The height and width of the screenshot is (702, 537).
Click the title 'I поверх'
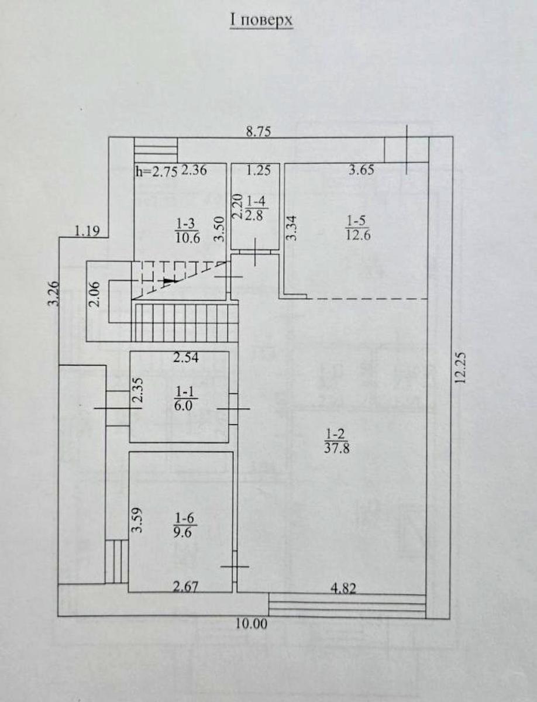pyautogui.click(x=261, y=20)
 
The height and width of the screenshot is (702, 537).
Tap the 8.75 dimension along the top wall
pyautogui.click(x=259, y=132)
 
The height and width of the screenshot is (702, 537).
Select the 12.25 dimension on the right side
pyautogui.click(x=462, y=368)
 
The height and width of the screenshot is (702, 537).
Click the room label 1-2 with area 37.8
pyautogui.click(x=337, y=441)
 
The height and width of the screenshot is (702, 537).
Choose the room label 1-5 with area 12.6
pyautogui.click(x=358, y=228)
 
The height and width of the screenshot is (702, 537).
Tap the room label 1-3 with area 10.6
pyautogui.click(x=187, y=230)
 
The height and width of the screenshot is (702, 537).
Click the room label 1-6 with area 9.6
pyautogui.click(x=184, y=528)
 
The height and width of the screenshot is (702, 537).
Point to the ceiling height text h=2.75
pyautogui.click(x=156, y=172)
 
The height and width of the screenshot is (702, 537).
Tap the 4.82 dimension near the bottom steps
pyautogui.click(x=343, y=588)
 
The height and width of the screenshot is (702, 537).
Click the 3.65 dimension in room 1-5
pyautogui.click(x=361, y=170)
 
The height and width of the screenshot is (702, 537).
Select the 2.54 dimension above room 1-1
pyautogui.click(x=186, y=357)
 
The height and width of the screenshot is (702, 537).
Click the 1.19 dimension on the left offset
pyautogui.click(x=87, y=230)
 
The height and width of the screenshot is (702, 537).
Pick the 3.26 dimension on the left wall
pyautogui.click(x=54, y=294)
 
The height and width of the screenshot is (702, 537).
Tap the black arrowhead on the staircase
pyautogui.click(x=170, y=281)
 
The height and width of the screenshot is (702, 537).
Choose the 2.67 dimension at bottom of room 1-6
pyautogui.click(x=185, y=587)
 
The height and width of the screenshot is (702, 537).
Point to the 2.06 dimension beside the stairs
pyautogui.click(x=94, y=294)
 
